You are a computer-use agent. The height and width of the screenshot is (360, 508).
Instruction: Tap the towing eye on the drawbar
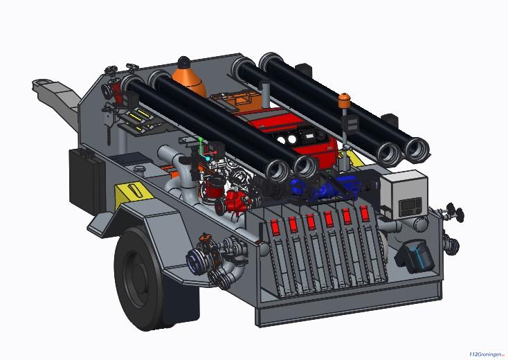pyautogui.click(x=42, y=84)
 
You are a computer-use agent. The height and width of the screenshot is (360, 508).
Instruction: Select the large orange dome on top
pyautogui.click(x=190, y=76)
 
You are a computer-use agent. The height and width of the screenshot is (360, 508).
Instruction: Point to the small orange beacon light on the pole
pyautogui.click(x=345, y=100)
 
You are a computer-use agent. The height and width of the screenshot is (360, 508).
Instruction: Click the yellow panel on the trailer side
pyautogui.click(x=133, y=193)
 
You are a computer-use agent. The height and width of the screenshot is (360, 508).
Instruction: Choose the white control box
pyautogui.click(x=404, y=193)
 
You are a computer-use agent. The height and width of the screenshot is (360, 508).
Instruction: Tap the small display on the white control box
pyautogui.click(x=410, y=205)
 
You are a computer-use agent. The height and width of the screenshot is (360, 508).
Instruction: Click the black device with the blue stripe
pyautogui.click(x=415, y=256)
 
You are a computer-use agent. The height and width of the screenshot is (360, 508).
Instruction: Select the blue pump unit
pyautogui.click(x=327, y=188)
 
